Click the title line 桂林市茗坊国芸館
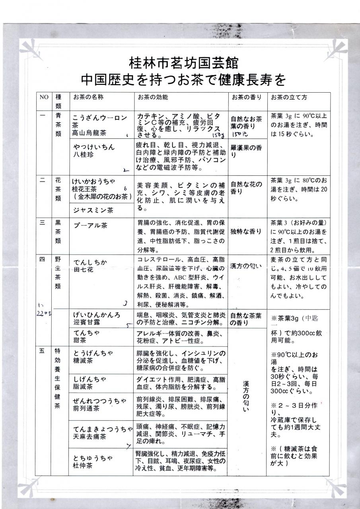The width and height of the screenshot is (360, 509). coord(184,63)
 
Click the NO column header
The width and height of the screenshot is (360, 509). coord(43,97)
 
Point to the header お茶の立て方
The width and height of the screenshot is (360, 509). coord(289,97)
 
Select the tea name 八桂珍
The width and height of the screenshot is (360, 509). coord(83,154)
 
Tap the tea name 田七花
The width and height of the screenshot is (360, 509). coord(83,269)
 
